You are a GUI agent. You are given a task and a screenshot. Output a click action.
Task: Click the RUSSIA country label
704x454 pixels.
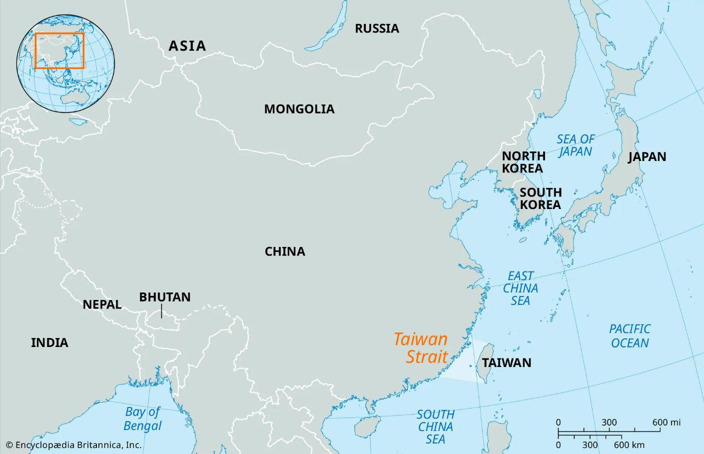click(377, 28)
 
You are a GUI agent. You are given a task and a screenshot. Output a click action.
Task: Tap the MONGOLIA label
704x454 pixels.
click(299, 109)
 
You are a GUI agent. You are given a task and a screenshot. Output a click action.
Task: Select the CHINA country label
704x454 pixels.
click(285, 251)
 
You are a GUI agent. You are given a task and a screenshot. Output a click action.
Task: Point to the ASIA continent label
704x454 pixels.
click(187, 46)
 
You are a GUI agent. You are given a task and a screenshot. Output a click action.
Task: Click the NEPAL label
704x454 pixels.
click(102, 304)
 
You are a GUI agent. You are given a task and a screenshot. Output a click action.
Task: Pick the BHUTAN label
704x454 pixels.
click(164, 297)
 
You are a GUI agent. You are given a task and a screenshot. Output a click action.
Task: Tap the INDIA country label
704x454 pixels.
click(49, 342)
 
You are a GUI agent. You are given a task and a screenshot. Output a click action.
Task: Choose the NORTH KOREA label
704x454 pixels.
click(523, 162)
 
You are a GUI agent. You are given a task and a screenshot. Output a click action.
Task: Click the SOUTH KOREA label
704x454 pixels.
click(540, 198)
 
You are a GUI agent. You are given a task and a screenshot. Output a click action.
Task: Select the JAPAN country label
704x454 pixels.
click(647, 156)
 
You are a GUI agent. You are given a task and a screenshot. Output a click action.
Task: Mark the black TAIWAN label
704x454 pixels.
click(507, 362)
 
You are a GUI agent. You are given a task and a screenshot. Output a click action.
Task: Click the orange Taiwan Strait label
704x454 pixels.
click(421, 347)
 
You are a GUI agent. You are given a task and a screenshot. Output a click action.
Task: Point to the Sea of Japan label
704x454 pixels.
click(576, 145)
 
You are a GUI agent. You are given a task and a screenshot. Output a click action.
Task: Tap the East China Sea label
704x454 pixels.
click(520, 288)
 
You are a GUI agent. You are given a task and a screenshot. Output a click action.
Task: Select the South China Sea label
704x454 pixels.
click(435, 426)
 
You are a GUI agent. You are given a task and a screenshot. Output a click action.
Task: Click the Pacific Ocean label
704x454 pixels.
click(630, 335)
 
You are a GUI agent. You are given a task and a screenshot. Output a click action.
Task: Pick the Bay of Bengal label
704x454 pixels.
click(143, 418)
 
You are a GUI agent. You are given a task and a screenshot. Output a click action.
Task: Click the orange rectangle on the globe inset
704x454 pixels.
click(59, 50)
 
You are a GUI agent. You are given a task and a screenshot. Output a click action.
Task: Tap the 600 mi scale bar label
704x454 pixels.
click(666, 422)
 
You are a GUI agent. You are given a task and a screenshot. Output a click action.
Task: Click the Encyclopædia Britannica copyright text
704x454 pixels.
click(73, 444)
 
